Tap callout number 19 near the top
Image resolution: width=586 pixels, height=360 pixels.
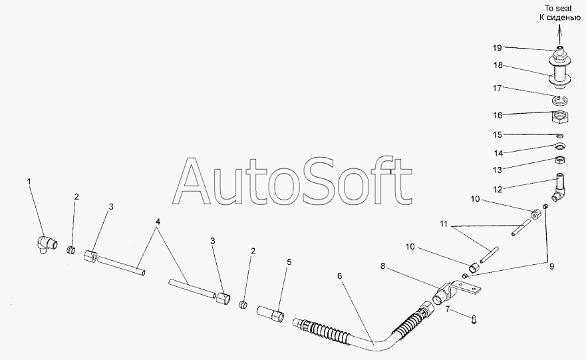[497, 48]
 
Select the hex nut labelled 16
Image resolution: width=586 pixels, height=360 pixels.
[560, 118]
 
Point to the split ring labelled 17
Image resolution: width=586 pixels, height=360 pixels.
[560, 100]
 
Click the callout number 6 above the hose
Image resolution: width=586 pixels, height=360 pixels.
[339, 276]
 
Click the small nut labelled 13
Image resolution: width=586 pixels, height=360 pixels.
[559, 160]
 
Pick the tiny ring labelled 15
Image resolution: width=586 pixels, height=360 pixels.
[560, 135]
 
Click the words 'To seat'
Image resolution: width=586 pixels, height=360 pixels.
[558, 8]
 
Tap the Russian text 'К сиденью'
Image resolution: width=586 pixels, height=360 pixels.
[560, 17]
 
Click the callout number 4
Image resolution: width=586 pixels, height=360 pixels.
[158, 222]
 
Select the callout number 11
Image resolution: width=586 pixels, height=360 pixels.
[444, 224]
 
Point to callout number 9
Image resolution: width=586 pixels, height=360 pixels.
[552, 267]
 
